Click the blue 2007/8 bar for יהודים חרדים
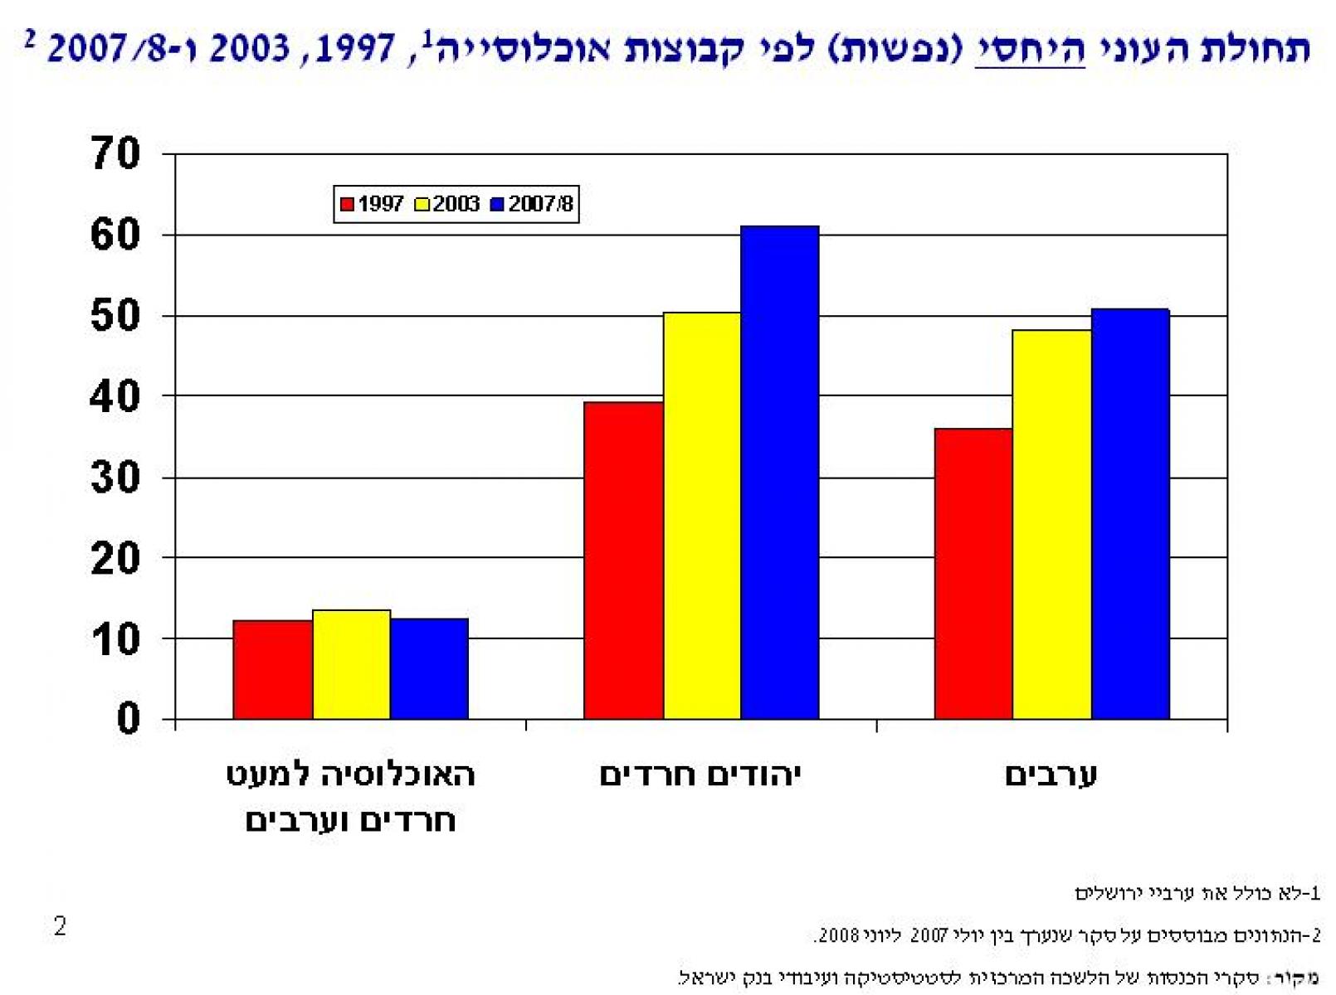[x=779, y=473]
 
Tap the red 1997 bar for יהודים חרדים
[x=623, y=561]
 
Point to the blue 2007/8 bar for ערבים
[x=1130, y=514]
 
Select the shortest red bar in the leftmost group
[x=272, y=669]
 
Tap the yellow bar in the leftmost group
[x=351, y=664]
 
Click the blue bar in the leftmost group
[x=429, y=668]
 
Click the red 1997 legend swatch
[x=347, y=204]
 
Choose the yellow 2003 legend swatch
[x=422, y=204]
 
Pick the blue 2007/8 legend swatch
[x=497, y=204]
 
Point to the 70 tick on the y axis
[x=116, y=154]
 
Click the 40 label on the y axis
[x=116, y=397]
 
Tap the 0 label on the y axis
[x=128, y=719]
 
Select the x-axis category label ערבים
[x=1051, y=775]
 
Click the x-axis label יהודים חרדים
[x=700, y=775]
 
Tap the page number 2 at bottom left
[x=60, y=926]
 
